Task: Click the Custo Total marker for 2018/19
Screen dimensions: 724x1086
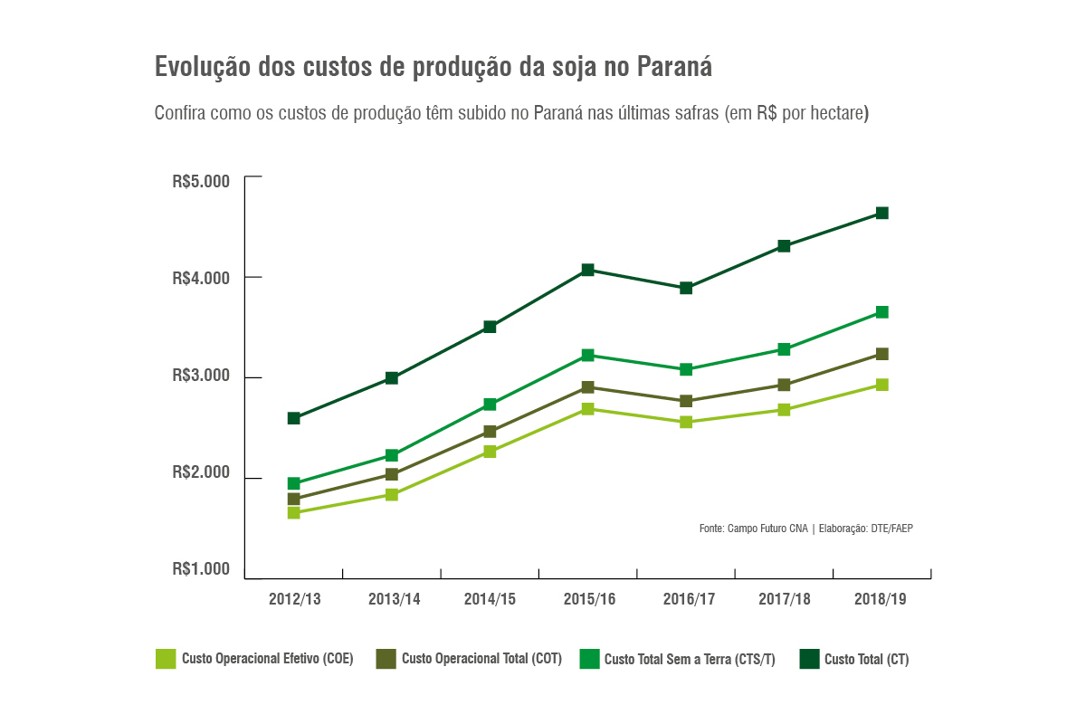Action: click(x=881, y=214)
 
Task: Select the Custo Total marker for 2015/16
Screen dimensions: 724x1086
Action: click(x=587, y=270)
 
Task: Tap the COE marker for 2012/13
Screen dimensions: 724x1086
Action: click(x=293, y=513)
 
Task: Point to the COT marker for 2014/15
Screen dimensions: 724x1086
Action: click(x=490, y=432)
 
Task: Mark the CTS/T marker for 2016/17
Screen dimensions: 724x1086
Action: click(x=686, y=369)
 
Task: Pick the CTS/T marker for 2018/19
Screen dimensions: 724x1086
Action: click(x=881, y=312)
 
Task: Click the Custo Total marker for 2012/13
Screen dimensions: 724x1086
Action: click(x=293, y=418)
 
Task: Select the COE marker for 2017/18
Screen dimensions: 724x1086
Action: click(x=784, y=410)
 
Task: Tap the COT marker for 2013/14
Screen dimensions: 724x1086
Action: click(x=392, y=474)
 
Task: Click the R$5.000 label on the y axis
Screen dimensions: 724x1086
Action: click(x=201, y=180)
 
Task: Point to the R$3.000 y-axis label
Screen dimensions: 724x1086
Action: click(x=201, y=376)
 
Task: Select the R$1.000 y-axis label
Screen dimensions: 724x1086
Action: click(x=201, y=569)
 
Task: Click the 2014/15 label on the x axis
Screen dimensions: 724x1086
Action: click(x=490, y=599)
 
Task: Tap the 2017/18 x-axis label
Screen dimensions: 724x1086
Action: click(x=784, y=599)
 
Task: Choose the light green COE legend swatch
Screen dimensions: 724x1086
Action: click(x=166, y=659)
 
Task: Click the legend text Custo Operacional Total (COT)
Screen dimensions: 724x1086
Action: click(x=481, y=659)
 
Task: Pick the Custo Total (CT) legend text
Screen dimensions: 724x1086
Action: click(x=866, y=660)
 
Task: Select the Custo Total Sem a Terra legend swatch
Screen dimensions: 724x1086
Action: click(x=589, y=659)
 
